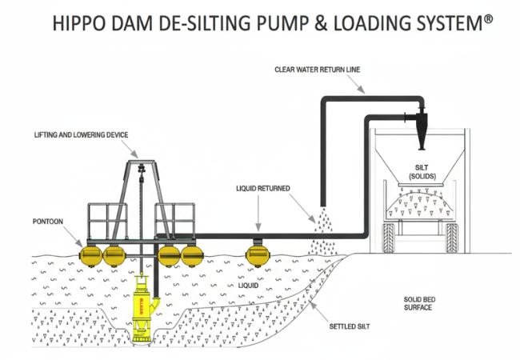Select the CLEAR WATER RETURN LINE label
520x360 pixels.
click(x=318, y=70)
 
